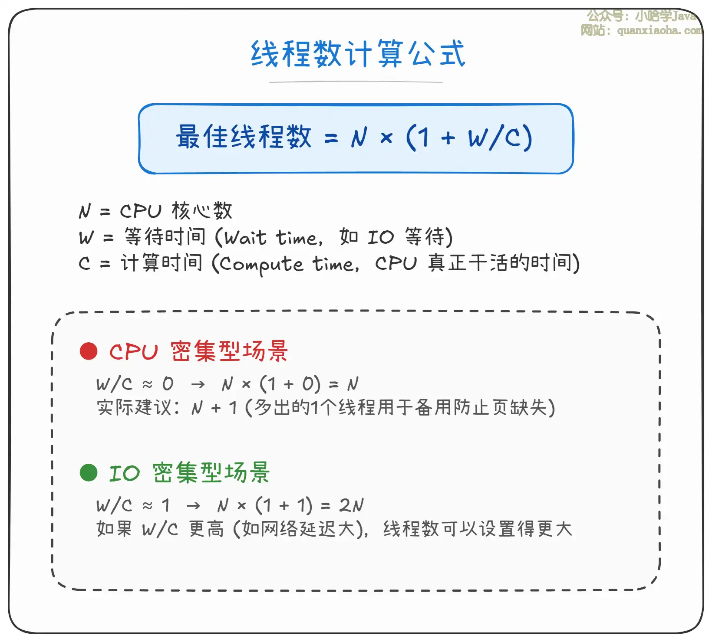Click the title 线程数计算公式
[x=358, y=54]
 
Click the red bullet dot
[x=89, y=351]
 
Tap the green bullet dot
[x=89, y=472]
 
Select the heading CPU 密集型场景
[x=198, y=351]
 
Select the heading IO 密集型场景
[x=189, y=472]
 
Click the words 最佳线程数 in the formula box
[x=244, y=137]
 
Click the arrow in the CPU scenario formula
[x=198, y=384]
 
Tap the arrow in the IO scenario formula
[x=193, y=506]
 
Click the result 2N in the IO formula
[x=351, y=505]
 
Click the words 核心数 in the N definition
[x=202, y=211]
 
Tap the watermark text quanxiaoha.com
[x=660, y=30]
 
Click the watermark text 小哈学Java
[x=666, y=16]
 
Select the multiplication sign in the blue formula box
[x=386, y=138]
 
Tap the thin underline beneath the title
[x=356, y=82]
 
